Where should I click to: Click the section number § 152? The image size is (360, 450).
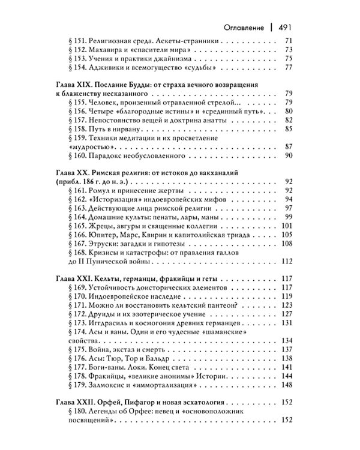[x=82, y=49]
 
